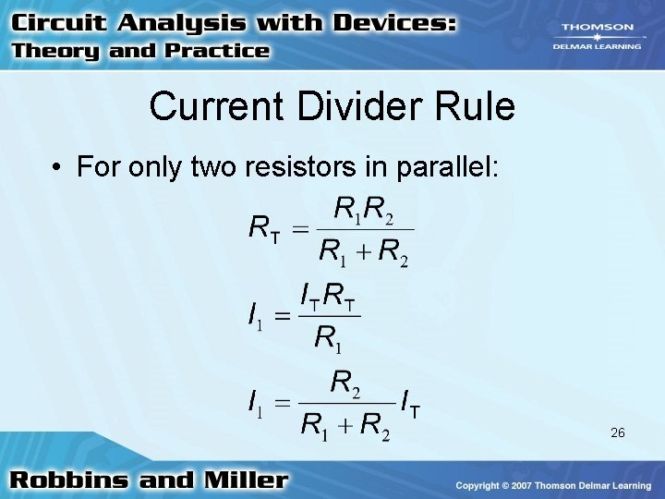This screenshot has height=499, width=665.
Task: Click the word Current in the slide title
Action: point(218,106)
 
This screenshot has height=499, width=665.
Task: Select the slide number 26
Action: point(619,432)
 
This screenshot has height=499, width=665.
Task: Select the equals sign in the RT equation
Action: point(299,229)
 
